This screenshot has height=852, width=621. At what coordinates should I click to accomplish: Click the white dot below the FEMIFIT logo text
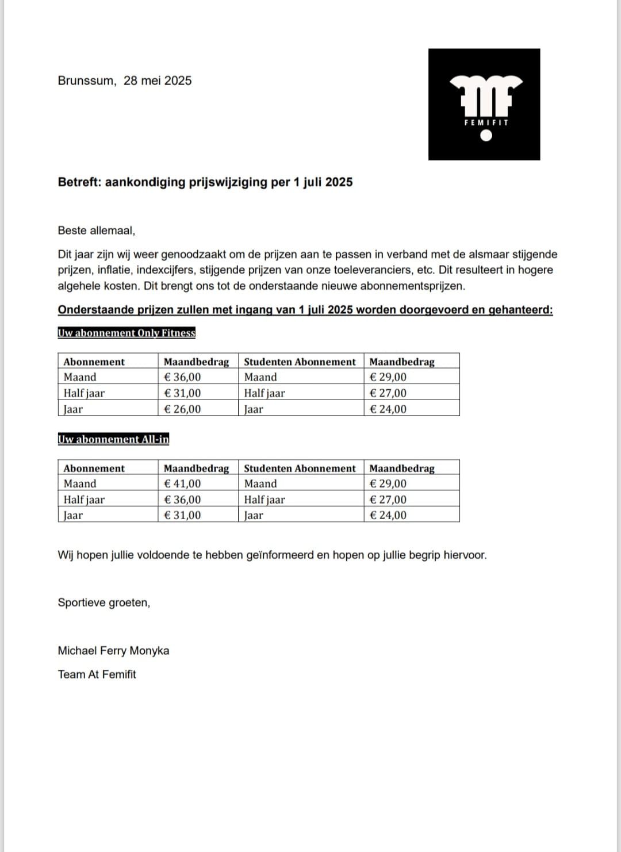coord(486,136)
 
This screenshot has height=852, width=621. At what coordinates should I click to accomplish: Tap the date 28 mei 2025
coord(157,80)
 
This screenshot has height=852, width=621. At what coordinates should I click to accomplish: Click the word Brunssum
coord(86,80)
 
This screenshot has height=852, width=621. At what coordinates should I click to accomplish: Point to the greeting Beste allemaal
coord(96,231)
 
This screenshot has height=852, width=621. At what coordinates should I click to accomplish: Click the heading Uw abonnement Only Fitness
coord(126,333)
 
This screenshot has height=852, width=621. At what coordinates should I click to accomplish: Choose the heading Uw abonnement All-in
coord(113,439)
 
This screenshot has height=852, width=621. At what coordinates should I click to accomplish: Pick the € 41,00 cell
coord(182,483)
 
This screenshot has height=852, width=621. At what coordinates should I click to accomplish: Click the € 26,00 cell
coord(182,409)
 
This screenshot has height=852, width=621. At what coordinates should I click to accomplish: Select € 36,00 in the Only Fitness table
coord(182,377)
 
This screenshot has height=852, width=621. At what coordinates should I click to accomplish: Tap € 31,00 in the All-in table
coord(182,515)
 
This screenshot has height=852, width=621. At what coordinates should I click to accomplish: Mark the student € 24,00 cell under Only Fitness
coord(388,409)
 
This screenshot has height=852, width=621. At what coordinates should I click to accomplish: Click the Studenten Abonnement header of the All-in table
coord(300,468)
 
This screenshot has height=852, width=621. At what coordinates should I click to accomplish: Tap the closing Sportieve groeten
coord(103,602)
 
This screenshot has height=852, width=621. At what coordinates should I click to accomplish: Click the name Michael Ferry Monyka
coord(113,651)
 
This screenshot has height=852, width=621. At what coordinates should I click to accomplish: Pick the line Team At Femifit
coord(97,674)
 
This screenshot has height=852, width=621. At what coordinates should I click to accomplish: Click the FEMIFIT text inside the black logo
coord(486,122)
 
